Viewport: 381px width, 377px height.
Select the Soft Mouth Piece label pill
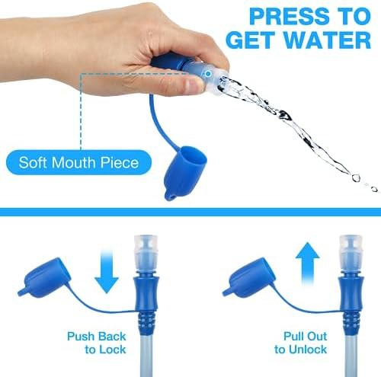[78, 162]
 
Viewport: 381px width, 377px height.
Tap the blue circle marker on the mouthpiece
[208, 74]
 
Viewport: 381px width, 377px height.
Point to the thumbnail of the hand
[193, 85]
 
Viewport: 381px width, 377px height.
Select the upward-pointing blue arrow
[307, 264]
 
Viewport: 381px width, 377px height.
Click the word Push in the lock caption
[81, 337]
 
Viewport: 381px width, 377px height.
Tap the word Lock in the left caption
[112, 350]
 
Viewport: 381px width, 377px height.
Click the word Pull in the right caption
[294, 336]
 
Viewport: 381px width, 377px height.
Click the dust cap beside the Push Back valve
[44, 278]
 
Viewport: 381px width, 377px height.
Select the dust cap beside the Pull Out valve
[249, 278]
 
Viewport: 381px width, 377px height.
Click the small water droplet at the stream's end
[374, 189]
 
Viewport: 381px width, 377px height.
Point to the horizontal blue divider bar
[190, 212]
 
